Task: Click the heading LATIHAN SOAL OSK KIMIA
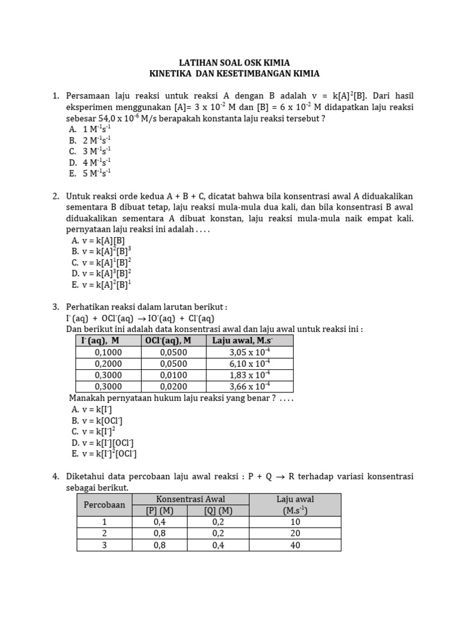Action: pyautogui.click(x=234, y=62)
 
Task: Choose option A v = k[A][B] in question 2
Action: pyautogui.click(x=98, y=240)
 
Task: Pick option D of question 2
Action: pyautogui.click(x=101, y=273)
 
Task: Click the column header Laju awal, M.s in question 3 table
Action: pyautogui.click(x=242, y=341)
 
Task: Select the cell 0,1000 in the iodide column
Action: pyautogui.click(x=108, y=352)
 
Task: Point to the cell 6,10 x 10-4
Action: pyautogui.click(x=250, y=364)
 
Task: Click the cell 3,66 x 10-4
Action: pyautogui.click(x=250, y=386)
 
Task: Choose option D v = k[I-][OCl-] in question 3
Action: pyautogui.click(x=103, y=443)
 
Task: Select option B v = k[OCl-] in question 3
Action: pyautogui.click(x=97, y=421)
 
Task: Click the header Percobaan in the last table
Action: pyautogui.click(x=104, y=505)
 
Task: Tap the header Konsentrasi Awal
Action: pyautogui.click(x=191, y=499)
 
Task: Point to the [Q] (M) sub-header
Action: pyautogui.click(x=218, y=511)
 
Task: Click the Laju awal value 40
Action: pyautogui.click(x=296, y=545)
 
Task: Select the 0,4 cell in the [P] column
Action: pyautogui.click(x=159, y=522)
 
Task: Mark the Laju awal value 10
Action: pyautogui.click(x=296, y=522)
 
